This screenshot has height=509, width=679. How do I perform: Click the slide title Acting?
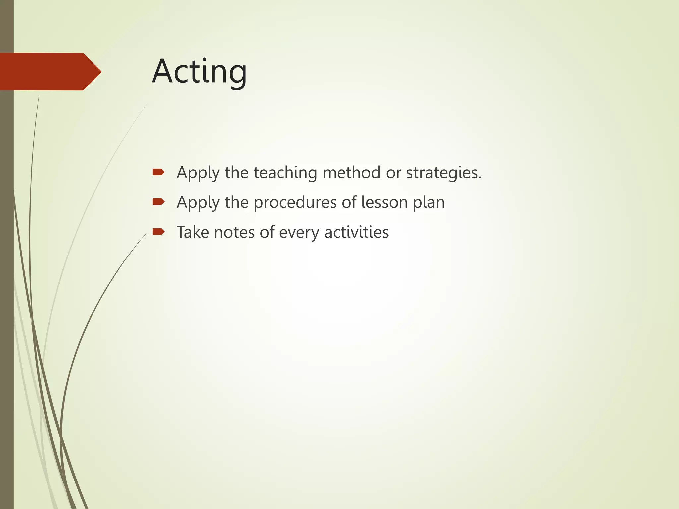199,72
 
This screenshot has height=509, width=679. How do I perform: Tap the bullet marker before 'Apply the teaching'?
158,172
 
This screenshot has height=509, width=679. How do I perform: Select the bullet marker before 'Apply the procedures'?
158,201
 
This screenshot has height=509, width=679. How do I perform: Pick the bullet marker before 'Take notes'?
158,231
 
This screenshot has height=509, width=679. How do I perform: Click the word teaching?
285,173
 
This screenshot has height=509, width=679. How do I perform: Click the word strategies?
444,173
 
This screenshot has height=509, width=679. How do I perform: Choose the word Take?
193,232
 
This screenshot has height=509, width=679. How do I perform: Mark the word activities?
356,232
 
